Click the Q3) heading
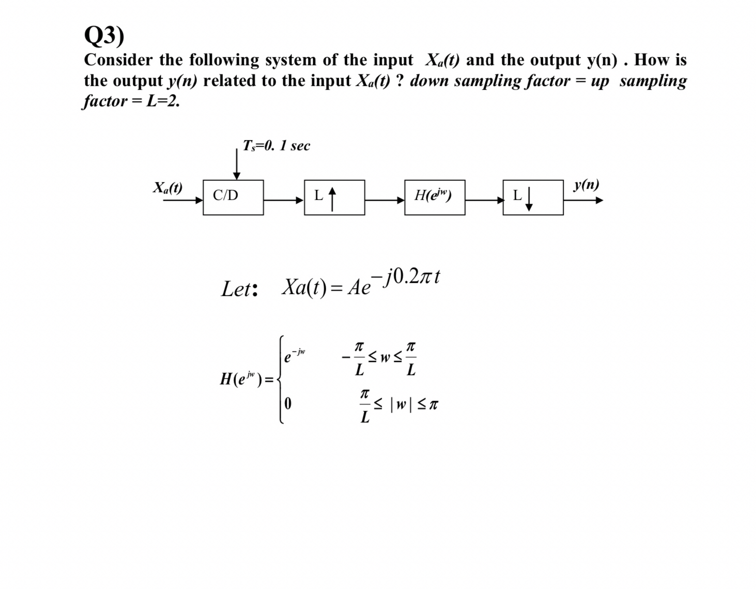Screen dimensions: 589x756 click(104, 35)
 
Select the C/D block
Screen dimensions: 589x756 click(233, 197)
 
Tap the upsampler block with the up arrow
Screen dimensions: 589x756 click(334, 197)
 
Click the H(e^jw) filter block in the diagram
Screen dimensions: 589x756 click(435, 197)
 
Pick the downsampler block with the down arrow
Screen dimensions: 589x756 click(533, 197)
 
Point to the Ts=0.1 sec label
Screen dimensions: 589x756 click(276, 145)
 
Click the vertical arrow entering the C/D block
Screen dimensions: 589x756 click(236, 164)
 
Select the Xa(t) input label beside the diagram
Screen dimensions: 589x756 click(167, 187)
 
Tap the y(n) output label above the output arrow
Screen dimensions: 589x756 click(586, 184)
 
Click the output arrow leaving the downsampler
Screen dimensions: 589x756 click(583, 200)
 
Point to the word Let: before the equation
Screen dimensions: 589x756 click(239, 289)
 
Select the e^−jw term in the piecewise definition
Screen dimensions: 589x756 click(294, 355)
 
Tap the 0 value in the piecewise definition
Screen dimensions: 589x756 click(288, 403)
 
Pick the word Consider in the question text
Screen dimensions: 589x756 click(118, 60)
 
